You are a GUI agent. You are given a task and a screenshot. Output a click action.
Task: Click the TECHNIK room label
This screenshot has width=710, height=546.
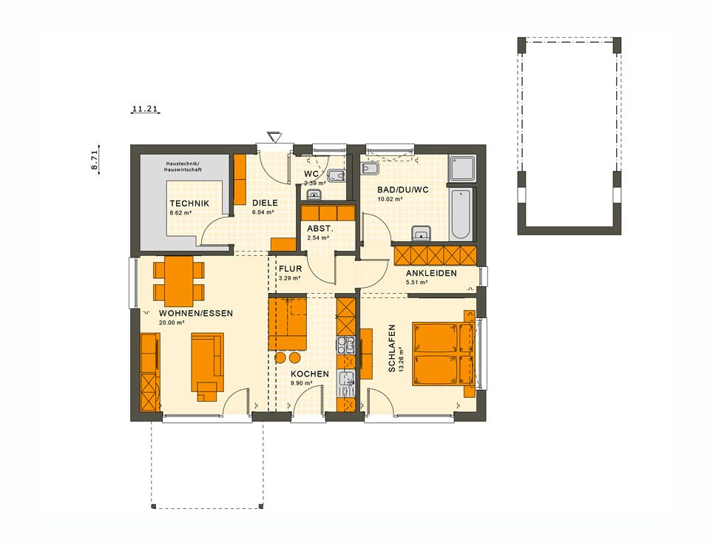(x=189, y=203)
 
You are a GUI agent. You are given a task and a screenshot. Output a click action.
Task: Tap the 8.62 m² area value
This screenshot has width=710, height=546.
(x=180, y=213)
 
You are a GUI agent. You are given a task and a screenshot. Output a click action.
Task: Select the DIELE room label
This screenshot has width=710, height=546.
(x=264, y=203)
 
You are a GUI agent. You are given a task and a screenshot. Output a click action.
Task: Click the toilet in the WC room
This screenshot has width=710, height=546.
(x=335, y=176)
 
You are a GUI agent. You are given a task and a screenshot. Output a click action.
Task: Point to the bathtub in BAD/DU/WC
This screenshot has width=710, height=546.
(x=460, y=214)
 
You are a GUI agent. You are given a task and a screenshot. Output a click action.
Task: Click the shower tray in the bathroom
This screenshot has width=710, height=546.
(x=464, y=169)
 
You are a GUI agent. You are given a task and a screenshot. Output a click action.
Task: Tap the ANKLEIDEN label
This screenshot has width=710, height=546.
(x=430, y=273)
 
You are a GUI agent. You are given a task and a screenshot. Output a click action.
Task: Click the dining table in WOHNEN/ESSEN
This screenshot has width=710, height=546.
(x=179, y=280)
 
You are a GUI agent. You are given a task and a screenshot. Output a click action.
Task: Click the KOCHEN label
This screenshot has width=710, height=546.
(x=309, y=374)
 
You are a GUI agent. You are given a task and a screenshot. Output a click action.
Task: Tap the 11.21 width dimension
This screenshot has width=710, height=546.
(x=145, y=109)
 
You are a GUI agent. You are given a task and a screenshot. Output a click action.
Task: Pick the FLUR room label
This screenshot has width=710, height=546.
(x=290, y=269)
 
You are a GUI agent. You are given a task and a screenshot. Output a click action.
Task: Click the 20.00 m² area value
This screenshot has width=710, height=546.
(x=172, y=323)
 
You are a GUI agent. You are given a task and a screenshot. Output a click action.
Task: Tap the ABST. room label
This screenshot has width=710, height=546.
(x=320, y=229)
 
